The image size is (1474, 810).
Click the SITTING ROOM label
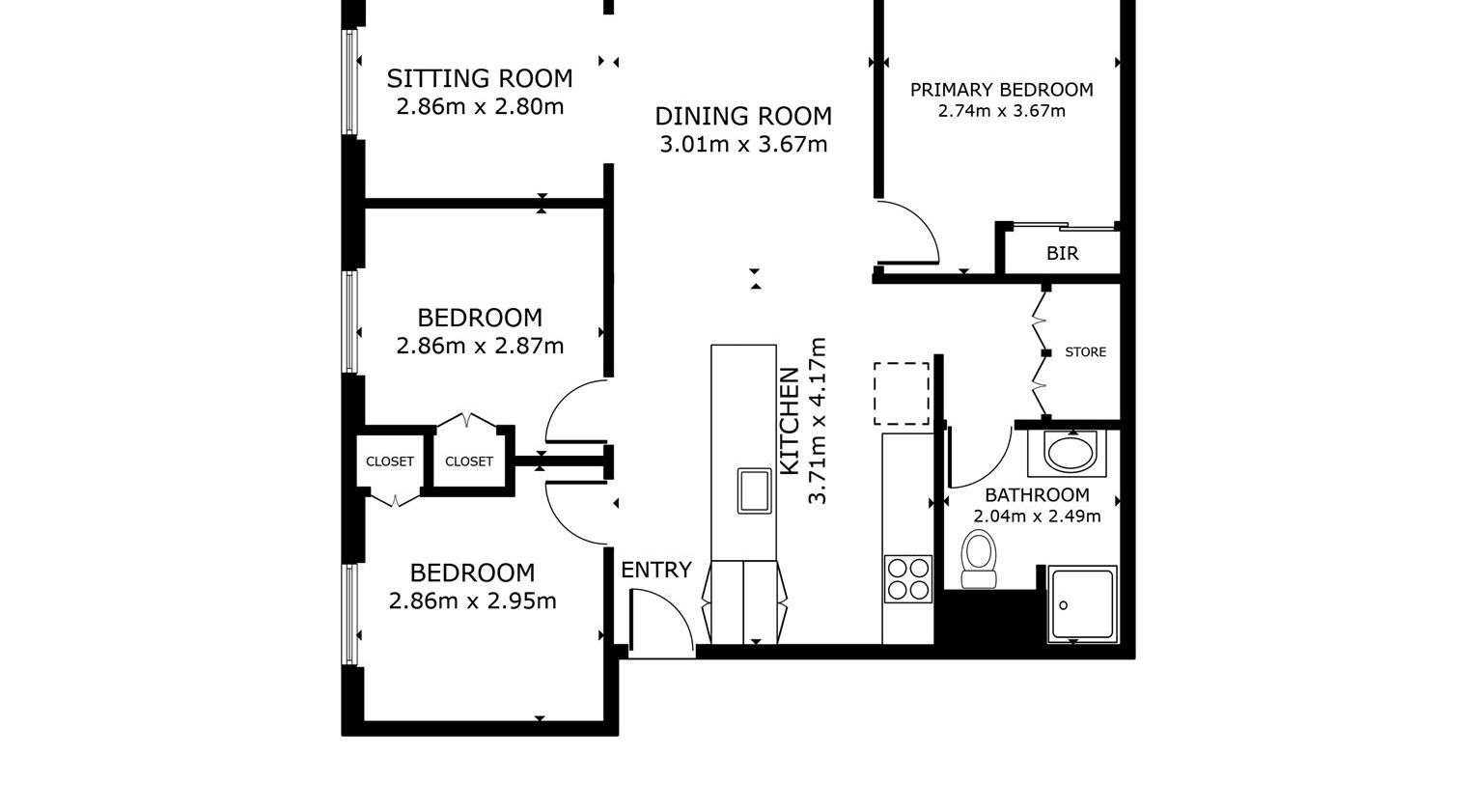click(x=480, y=78)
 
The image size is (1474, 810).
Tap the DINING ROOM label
click(x=743, y=117)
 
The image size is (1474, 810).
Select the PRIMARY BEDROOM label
click(x=1001, y=90)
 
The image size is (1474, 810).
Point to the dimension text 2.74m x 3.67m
click(x=1001, y=111)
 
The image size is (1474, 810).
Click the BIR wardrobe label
click(x=1062, y=254)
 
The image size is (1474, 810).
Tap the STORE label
click(x=1085, y=352)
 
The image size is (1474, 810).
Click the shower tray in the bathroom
click(x=1082, y=604)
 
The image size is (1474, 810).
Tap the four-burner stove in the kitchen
click(x=907, y=579)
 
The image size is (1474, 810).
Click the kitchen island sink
click(x=754, y=489)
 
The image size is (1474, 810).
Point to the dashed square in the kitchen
click(x=902, y=394)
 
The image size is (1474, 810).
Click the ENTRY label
click(x=656, y=571)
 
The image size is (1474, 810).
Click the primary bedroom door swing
click(x=912, y=232)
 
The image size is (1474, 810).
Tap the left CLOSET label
click(x=390, y=462)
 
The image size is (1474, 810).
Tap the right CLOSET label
click(x=469, y=462)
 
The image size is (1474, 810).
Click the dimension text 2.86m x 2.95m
click(x=472, y=601)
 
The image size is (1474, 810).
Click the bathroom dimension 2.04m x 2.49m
click(x=1037, y=517)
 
